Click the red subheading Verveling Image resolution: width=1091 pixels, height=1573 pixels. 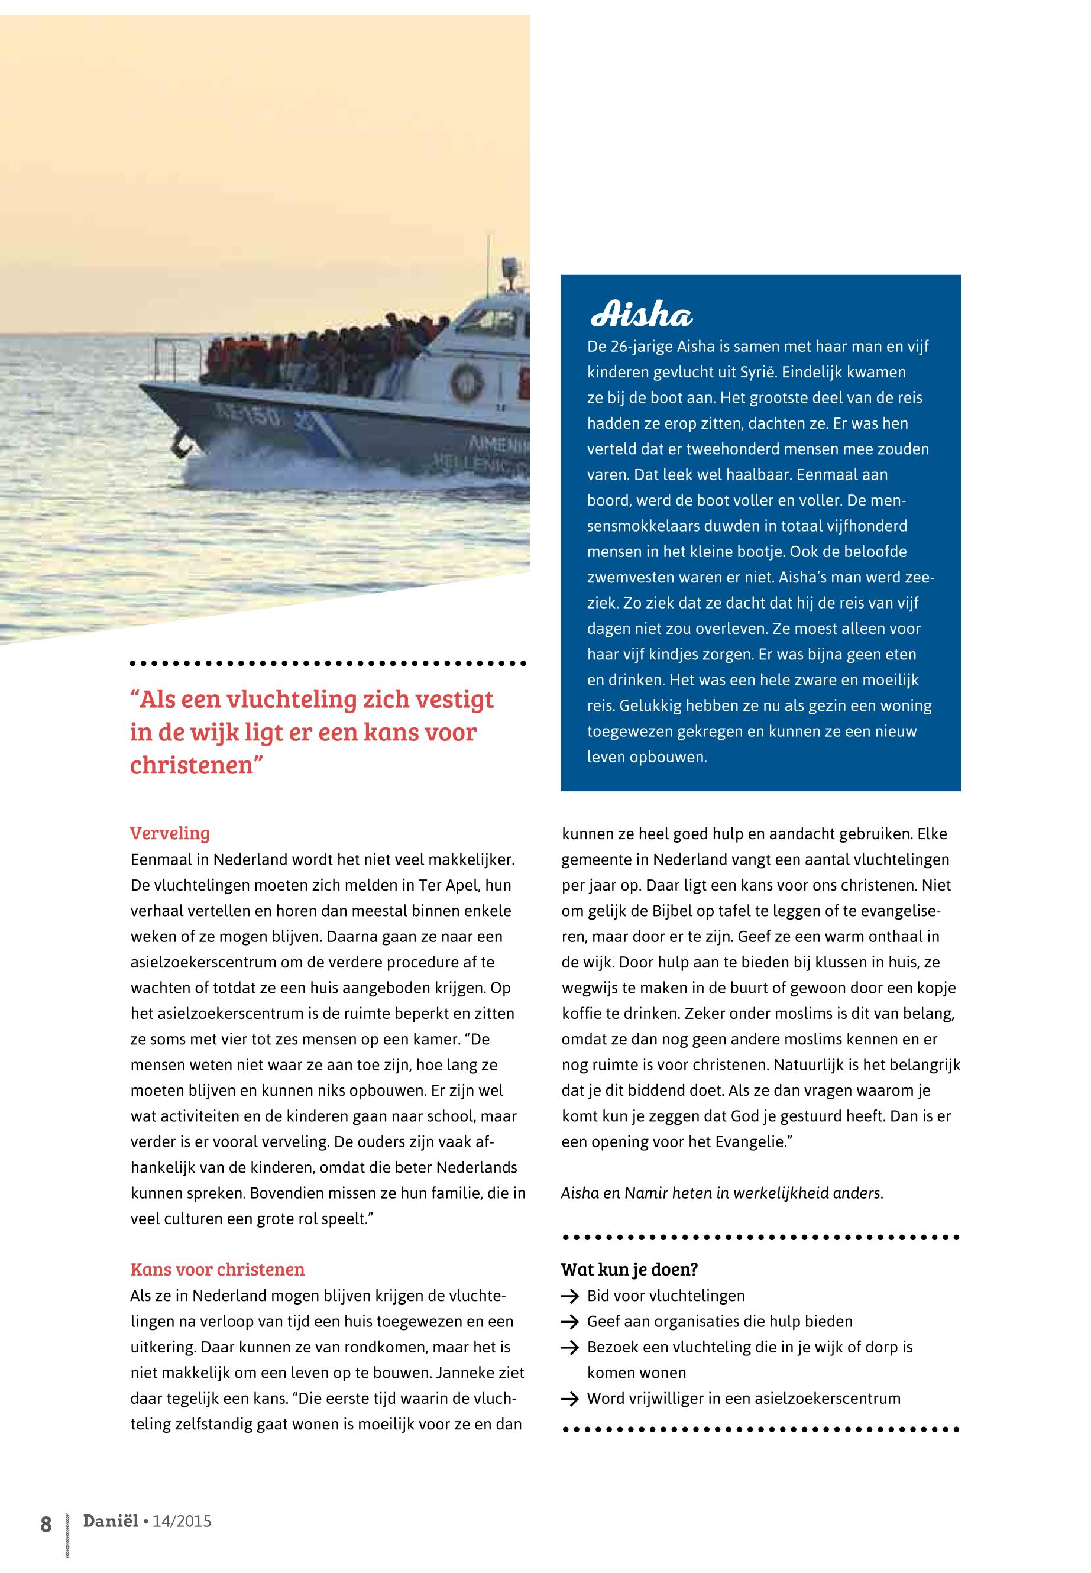(x=170, y=833)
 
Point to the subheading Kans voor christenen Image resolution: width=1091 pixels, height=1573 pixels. (x=218, y=1269)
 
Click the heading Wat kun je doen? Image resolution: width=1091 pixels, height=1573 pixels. (x=629, y=1269)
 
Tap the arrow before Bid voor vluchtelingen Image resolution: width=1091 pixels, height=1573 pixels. (x=569, y=1296)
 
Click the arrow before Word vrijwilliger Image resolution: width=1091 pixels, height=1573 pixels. (x=569, y=1399)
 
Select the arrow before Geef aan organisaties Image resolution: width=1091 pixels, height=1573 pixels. (x=569, y=1322)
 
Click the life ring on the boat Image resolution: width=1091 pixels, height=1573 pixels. (x=468, y=381)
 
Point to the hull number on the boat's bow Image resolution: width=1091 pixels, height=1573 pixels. (x=246, y=413)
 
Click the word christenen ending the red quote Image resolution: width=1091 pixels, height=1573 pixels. (x=192, y=764)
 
